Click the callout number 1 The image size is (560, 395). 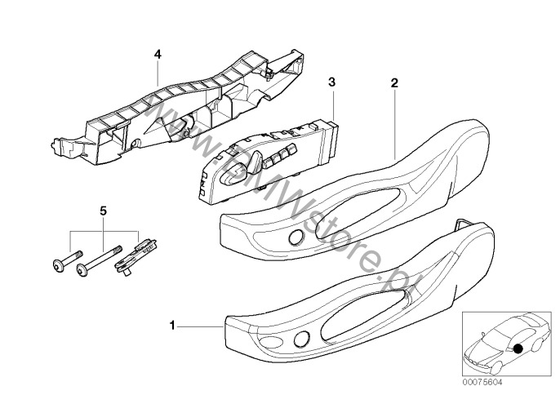pos(172,326)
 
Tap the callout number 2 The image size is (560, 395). pos(394,83)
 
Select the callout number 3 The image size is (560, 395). pos(332,82)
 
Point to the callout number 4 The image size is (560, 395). pos(158,55)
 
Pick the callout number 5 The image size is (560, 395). pos(103,211)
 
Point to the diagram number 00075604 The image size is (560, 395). pos(482,382)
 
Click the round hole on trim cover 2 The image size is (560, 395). pos(296,237)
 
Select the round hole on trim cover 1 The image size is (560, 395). pos(302,339)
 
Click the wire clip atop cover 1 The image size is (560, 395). pos(464,223)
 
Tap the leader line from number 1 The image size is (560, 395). pos(200,326)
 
